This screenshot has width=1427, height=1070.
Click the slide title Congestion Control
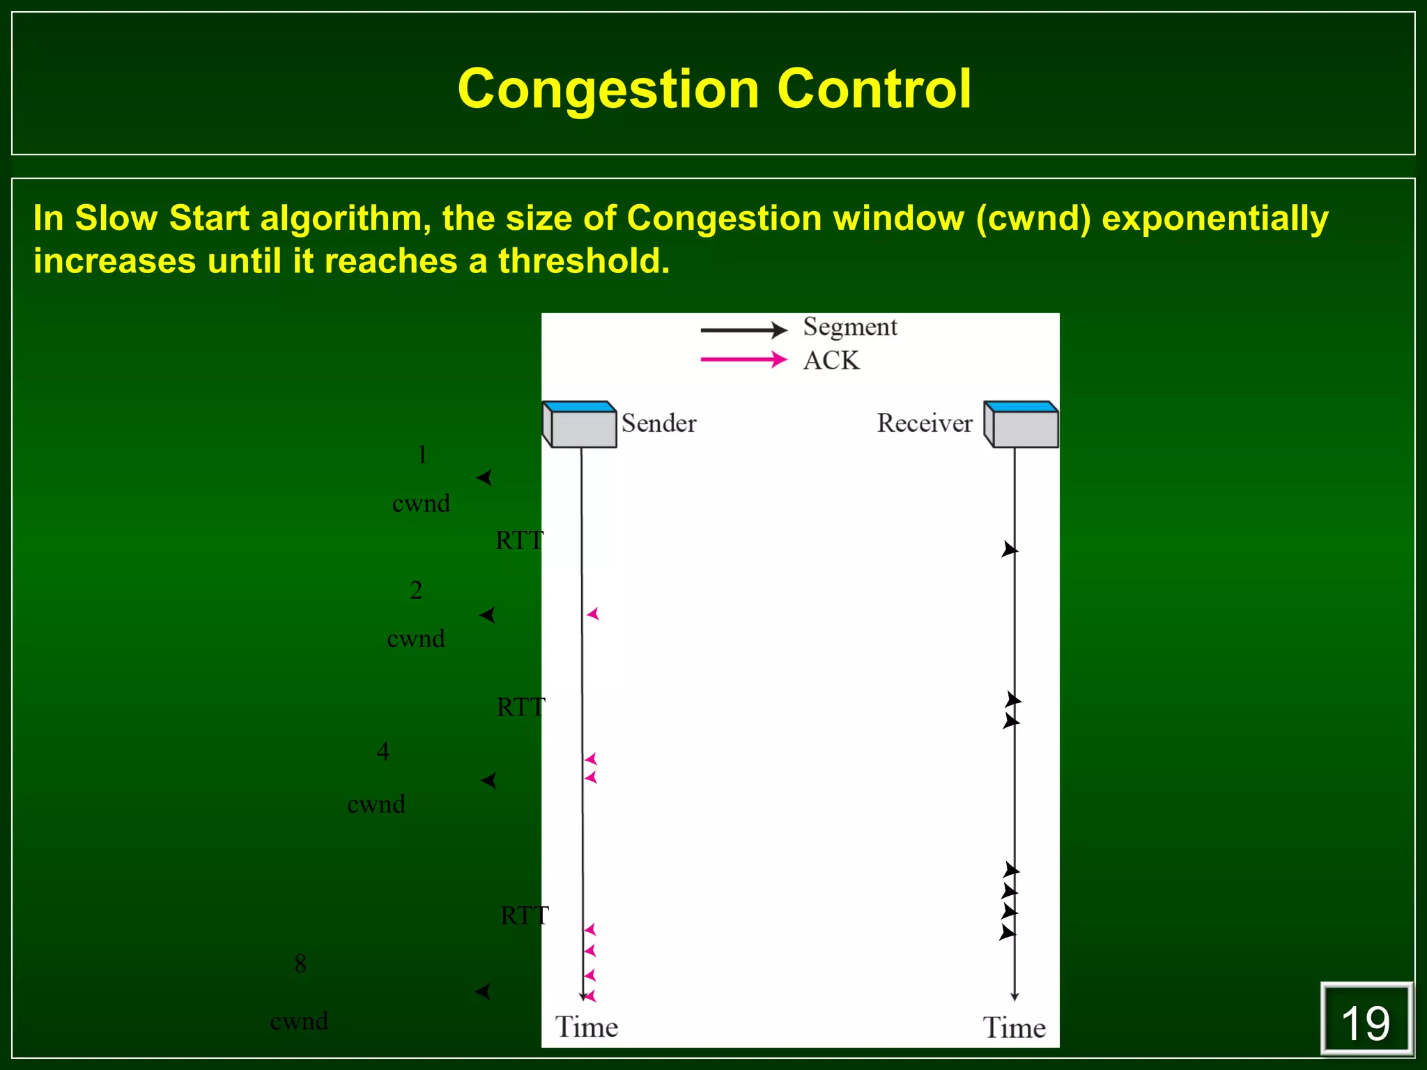(x=713, y=89)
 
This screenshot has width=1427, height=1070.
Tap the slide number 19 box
(x=1365, y=1021)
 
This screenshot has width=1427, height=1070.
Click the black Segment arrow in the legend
(x=743, y=329)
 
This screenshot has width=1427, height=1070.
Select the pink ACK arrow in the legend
(x=743, y=359)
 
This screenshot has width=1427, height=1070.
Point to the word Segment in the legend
(x=850, y=327)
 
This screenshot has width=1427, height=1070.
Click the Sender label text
(x=658, y=424)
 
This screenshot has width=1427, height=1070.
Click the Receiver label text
(x=924, y=424)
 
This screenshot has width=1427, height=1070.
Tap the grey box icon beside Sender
(x=580, y=424)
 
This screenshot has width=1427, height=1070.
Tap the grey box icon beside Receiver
(x=1021, y=424)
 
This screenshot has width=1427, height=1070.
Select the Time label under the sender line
(x=586, y=1028)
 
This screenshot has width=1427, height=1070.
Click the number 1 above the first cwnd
(x=422, y=456)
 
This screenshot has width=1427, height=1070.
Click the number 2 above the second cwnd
(x=416, y=591)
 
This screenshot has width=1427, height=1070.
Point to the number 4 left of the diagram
(x=383, y=752)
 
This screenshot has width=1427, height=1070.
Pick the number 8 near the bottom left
(x=300, y=964)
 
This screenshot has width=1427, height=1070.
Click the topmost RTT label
(x=519, y=541)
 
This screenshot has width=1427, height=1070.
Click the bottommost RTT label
(x=525, y=915)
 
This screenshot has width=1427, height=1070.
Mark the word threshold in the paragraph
(x=583, y=261)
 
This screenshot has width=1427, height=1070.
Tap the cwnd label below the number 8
(x=299, y=1021)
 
